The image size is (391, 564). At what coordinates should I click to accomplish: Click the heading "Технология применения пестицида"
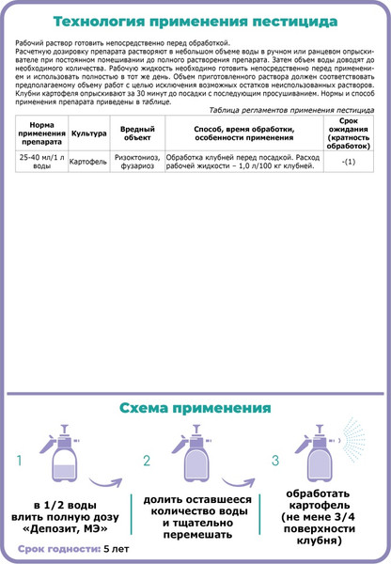[x=195, y=21]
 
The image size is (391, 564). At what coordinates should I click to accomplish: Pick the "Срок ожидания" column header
[x=349, y=133]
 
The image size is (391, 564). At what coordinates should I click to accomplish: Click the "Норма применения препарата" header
[x=41, y=133]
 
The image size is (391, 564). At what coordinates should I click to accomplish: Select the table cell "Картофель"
[x=88, y=163]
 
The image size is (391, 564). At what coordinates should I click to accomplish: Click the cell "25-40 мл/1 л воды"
[x=41, y=163]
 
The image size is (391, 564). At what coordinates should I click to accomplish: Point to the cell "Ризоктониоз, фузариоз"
[x=137, y=163]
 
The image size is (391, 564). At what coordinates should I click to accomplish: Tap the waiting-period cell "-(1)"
[x=349, y=163]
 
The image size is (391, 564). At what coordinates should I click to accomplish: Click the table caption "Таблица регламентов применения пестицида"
[x=291, y=110]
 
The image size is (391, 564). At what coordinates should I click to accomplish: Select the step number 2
[x=147, y=461]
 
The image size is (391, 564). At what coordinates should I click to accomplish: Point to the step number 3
[x=275, y=461]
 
